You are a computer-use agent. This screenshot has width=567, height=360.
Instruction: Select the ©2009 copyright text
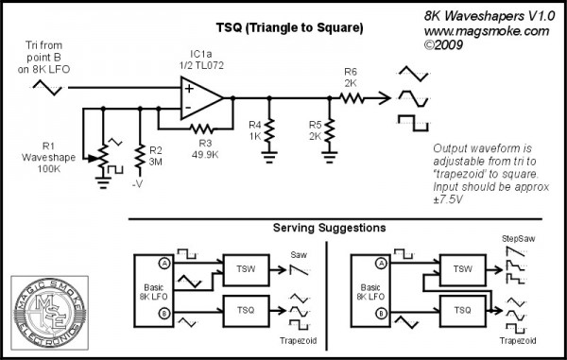tap(446, 44)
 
